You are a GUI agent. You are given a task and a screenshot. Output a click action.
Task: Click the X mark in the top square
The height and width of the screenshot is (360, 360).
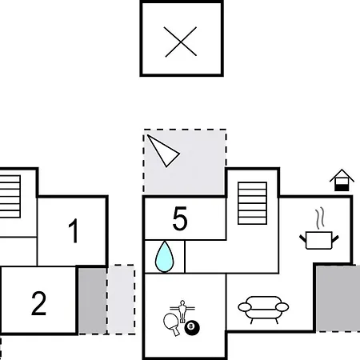click(181, 42)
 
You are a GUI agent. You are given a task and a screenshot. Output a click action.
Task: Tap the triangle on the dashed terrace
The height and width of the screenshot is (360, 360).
click(164, 151)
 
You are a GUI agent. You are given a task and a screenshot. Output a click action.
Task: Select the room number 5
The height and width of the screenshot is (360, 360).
click(180, 218)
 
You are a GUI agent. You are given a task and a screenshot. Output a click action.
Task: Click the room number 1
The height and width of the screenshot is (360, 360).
click(74, 231)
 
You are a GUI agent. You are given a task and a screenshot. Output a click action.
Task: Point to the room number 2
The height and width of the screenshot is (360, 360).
click(39, 303)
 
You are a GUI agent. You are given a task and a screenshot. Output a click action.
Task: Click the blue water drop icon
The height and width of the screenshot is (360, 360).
click(165, 257)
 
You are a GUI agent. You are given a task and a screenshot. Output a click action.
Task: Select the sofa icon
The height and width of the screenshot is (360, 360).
click(263, 310)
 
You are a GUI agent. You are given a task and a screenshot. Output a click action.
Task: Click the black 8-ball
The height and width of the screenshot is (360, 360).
click(192, 328)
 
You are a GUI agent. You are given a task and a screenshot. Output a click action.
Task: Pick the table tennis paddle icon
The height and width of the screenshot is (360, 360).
click(171, 323)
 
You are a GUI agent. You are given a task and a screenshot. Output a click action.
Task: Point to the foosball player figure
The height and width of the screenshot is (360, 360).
click(182, 311)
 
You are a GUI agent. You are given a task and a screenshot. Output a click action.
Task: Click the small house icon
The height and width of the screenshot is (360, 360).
click(342, 180)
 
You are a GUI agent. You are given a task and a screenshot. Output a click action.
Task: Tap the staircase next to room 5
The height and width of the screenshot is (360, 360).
click(252, 203)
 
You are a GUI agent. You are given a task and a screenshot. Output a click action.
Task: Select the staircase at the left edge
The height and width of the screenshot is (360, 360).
click(10, 197)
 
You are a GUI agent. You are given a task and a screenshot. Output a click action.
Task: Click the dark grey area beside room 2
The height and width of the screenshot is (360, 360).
click(92, 301)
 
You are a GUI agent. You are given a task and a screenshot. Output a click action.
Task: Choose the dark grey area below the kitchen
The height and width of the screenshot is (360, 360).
click(338, 298)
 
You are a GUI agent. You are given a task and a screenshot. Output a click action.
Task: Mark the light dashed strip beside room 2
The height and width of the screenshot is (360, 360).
click(121, 299)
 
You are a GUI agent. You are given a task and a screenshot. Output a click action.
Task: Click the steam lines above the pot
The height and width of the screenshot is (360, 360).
click(320, 218)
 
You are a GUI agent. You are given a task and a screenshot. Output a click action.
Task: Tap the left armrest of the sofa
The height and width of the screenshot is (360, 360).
click(245, 307)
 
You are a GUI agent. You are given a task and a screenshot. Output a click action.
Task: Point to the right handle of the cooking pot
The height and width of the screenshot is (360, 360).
click(335, 238)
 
